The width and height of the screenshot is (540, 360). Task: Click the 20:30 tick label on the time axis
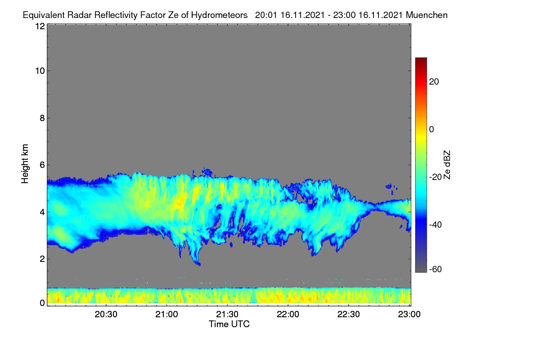click(x=106, y=315)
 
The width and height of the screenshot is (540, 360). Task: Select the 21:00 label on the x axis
click(x=166, y=315)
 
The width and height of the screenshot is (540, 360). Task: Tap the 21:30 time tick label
click(x=227, y=315)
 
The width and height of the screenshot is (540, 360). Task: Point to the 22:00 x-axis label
click(x=288, y=315)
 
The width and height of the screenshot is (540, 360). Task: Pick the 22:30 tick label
click(x=349, y=315)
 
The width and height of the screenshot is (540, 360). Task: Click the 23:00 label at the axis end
click(x=409, y=315)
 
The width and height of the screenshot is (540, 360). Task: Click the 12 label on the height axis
click(x=40, y=26)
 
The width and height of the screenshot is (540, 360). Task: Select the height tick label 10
click(x=40, y=71)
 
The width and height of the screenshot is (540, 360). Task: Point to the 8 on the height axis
click(x=42, y=118)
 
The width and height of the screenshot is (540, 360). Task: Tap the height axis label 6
click(x=42, y=165)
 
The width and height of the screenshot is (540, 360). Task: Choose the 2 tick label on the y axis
click(x=42, y=259)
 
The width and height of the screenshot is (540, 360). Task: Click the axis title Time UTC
click(x=229, y=324)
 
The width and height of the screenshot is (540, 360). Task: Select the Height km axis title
click(x=25, y=164)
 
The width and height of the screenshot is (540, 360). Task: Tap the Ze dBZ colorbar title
click(x=447, y=165)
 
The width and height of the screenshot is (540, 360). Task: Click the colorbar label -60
click(x=436, y=270)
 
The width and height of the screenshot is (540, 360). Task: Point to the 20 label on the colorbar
click(x=434, y=82)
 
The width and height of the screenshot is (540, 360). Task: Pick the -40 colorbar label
click(x=436, y=225)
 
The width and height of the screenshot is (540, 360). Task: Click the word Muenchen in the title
click(x=427, y=15)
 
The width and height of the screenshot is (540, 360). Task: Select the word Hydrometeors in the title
click(x=220, y=15)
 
